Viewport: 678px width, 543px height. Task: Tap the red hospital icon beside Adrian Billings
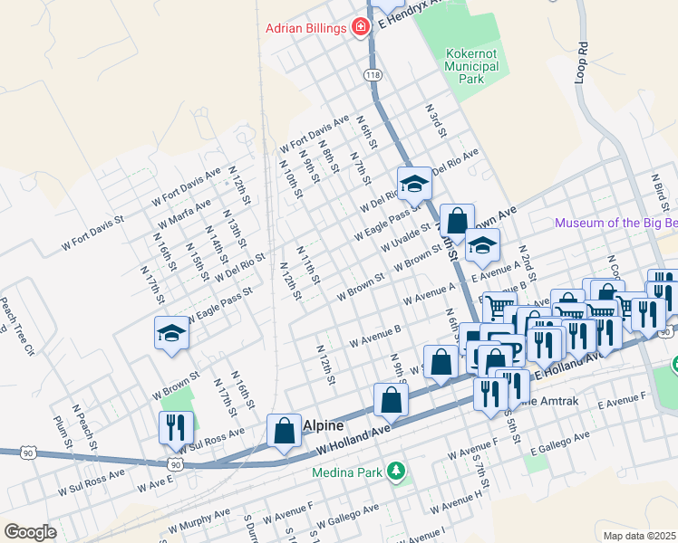click(361, 28)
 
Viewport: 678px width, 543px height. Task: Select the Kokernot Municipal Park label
click(471, 66)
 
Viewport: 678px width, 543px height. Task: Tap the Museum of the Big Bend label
click(615, 223)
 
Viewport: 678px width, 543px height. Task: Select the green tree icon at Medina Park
click(395, 471)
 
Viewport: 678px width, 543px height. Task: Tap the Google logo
click(30, 532)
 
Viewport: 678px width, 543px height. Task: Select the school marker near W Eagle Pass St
click(171, 333)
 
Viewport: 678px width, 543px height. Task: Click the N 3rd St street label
click(438, 120)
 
